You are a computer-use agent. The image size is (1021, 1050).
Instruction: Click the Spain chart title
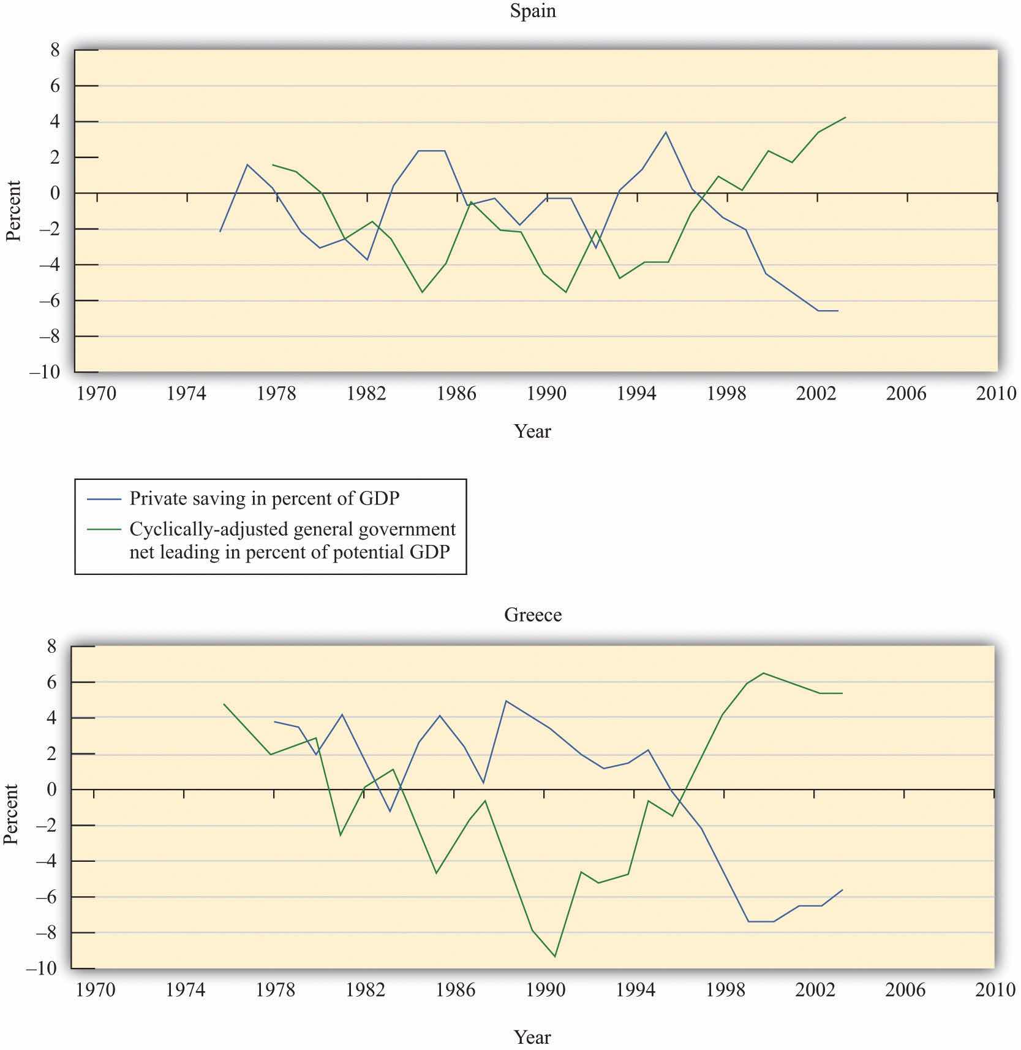(533, 12)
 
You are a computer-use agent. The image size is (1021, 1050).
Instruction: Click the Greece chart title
(533, 615)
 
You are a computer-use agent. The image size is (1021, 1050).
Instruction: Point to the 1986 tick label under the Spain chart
(456, 394)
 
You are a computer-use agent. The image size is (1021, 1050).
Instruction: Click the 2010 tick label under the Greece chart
(995, 990)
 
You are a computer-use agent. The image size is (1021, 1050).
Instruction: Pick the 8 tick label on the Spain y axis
(55, 50)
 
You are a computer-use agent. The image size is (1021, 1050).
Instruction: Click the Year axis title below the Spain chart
(533, 432)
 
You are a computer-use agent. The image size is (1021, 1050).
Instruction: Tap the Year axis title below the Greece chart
(533, 1037)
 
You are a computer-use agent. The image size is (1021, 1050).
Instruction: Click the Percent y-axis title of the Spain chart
(13, 211)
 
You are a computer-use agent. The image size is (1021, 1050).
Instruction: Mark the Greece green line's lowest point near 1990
(555, 956)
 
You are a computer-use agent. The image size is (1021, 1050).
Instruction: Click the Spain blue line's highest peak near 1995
(666, 132)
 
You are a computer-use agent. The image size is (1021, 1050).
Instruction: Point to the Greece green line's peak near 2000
(763, 673)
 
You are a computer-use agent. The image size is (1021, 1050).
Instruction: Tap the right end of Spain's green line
(846, 117)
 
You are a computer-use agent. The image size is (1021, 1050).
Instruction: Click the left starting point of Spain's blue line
(220, 232)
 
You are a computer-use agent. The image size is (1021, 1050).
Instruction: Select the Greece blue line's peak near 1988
(506, 701)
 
